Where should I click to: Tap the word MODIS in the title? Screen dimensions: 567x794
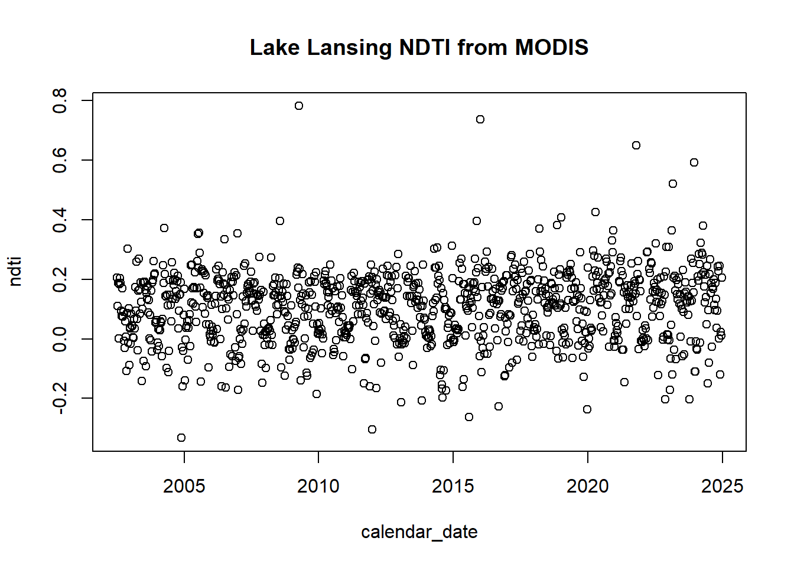[x=551, y=47]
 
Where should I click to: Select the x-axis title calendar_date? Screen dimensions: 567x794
[x=419, y=532]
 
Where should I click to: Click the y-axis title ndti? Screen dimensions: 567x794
[x=15, y=272]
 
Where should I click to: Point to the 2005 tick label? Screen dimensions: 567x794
[x=184, y=486]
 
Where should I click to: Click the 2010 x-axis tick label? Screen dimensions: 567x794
[x=318, y=486]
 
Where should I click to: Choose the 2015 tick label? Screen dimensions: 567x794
[x=453, y=486]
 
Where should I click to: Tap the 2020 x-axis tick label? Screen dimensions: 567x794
[x=587, y=486]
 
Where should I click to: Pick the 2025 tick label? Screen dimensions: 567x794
[x=722, y=486]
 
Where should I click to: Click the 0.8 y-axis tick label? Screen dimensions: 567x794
[x=60, y=100]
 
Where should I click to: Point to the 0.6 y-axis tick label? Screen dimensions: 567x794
[x=60, y=160]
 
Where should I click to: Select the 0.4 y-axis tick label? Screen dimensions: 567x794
[x=60, y=220]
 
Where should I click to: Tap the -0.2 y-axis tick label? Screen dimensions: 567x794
[x=60, y=398]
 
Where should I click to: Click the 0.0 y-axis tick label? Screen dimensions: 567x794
[x=60, y=338]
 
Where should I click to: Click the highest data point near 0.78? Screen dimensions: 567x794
[x=299, y=106]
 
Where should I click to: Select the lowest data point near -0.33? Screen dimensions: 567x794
[x=181, y=438]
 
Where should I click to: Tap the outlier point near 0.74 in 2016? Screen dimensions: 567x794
[x=480, y=119]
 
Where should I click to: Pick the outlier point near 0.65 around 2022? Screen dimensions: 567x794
[x=636, y=145]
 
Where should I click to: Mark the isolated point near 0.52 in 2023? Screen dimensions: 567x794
[x=673, y=184]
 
